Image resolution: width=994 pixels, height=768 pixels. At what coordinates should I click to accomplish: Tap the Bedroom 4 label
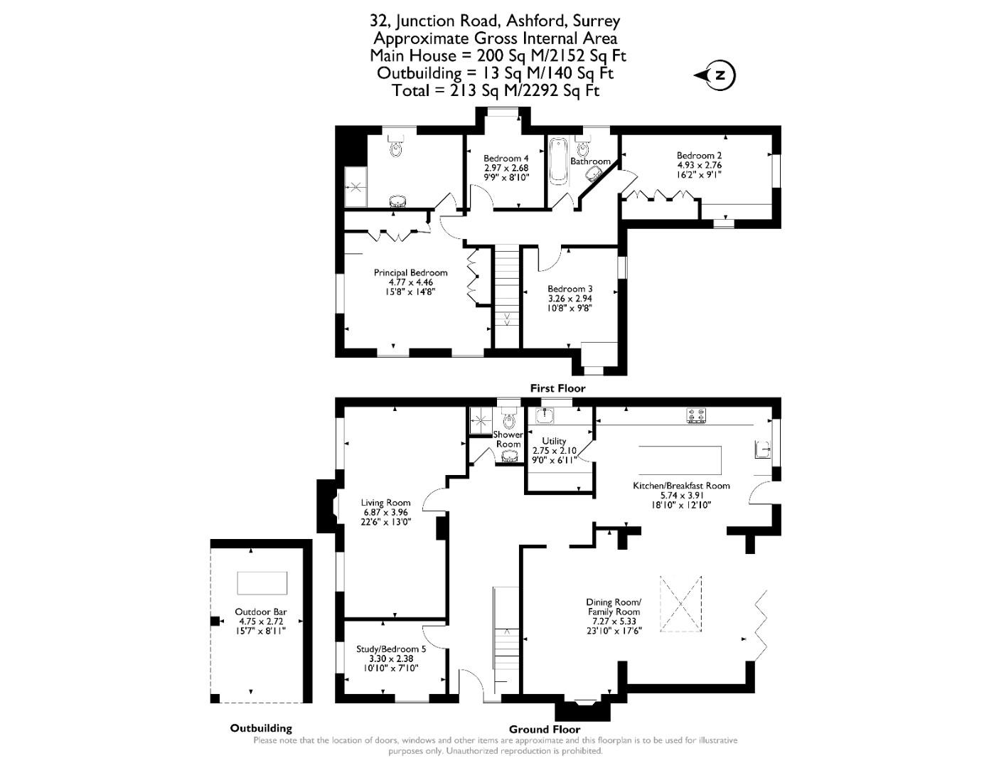(506, 159)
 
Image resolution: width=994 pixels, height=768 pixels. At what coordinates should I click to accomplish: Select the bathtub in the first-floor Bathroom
(558, 160)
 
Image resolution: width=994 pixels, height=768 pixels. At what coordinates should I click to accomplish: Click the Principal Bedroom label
(410, 272)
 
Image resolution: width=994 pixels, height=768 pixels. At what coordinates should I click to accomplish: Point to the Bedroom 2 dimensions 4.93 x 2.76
(699, 165)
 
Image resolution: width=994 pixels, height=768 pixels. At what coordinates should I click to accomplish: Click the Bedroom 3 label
(570, 289)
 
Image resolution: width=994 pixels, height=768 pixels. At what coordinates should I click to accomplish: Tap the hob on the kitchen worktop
(696, 415)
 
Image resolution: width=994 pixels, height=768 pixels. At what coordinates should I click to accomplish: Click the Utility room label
(554, 441)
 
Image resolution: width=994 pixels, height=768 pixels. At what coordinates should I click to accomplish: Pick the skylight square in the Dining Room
(680, 604)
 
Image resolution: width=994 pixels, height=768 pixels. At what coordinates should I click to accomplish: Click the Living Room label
(385, 503)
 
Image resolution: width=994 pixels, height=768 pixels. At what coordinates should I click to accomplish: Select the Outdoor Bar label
(260, 612)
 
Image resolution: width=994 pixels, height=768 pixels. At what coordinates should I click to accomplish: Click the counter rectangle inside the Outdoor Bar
(262, 583)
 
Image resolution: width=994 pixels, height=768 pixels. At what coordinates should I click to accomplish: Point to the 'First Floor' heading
(557, 388)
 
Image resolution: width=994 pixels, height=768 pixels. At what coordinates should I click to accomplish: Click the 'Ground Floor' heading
(544, 729)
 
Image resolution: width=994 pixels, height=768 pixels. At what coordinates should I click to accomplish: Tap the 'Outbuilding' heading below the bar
(260, 728)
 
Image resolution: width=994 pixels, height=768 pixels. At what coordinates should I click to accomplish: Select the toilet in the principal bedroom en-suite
(396, 147)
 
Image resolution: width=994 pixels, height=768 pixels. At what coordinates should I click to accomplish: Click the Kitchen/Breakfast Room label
(681, 486)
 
